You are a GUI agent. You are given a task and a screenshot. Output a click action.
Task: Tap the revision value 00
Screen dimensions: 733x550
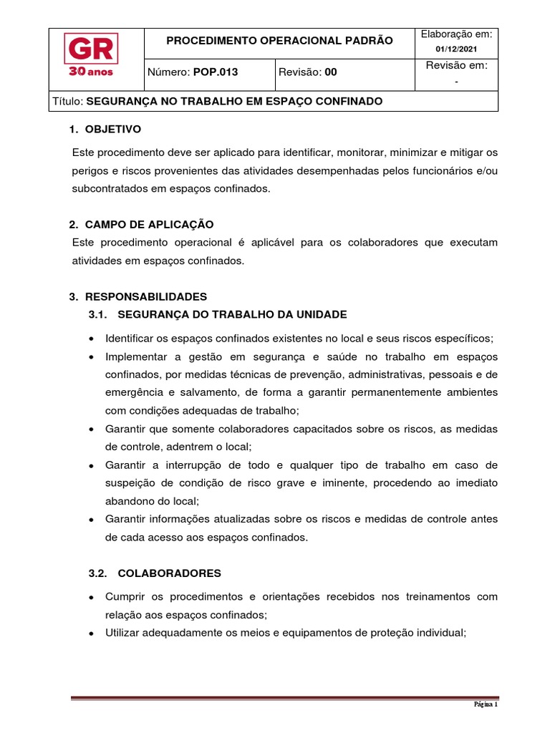(330, 72)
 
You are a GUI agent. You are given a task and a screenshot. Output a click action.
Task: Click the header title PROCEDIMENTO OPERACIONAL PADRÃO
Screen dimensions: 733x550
(279, 41)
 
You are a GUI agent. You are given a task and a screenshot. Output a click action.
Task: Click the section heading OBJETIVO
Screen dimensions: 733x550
(113, 130)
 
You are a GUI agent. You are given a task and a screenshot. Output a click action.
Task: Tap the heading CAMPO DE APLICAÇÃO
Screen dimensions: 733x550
(149, 224)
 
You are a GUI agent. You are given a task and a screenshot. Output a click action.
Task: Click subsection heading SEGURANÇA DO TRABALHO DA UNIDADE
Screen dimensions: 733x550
(232, 314)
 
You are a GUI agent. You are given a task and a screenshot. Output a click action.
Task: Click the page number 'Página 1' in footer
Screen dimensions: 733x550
(486, 704)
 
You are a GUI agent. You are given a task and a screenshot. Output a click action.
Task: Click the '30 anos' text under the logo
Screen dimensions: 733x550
(91, 72)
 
